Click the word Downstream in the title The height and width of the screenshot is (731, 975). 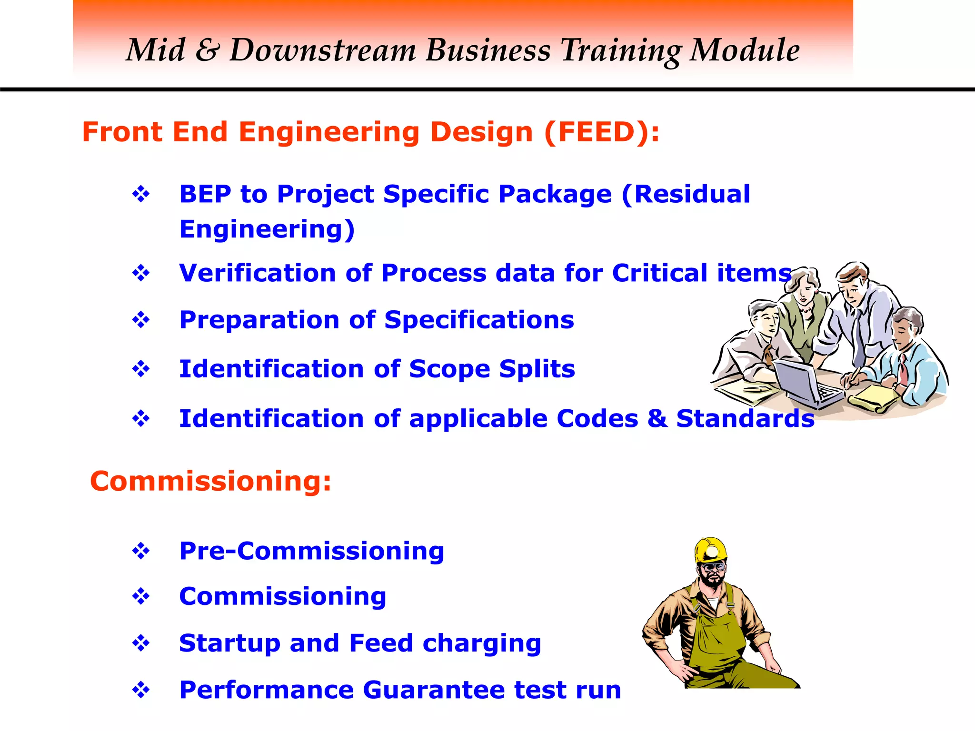[323, 50]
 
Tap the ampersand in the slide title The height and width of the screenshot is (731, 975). [207, 50]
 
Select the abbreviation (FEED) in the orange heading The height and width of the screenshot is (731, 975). [601, 132]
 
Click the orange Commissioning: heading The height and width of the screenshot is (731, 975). [210, 481]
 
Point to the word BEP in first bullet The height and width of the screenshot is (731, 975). [205, 194]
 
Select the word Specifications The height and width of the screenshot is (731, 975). [479, 320]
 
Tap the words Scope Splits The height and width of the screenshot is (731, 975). [492, 369]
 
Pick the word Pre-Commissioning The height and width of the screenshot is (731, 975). [311, 551]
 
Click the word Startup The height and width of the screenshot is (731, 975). [229, 643]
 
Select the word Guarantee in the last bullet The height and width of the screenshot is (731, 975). [434, 690]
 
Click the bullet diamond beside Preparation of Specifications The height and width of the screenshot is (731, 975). [141, 320]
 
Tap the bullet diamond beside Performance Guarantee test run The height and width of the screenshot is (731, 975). [141, 690]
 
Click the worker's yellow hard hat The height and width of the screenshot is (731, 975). [710, 550]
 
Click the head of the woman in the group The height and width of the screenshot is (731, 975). [804, 286]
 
